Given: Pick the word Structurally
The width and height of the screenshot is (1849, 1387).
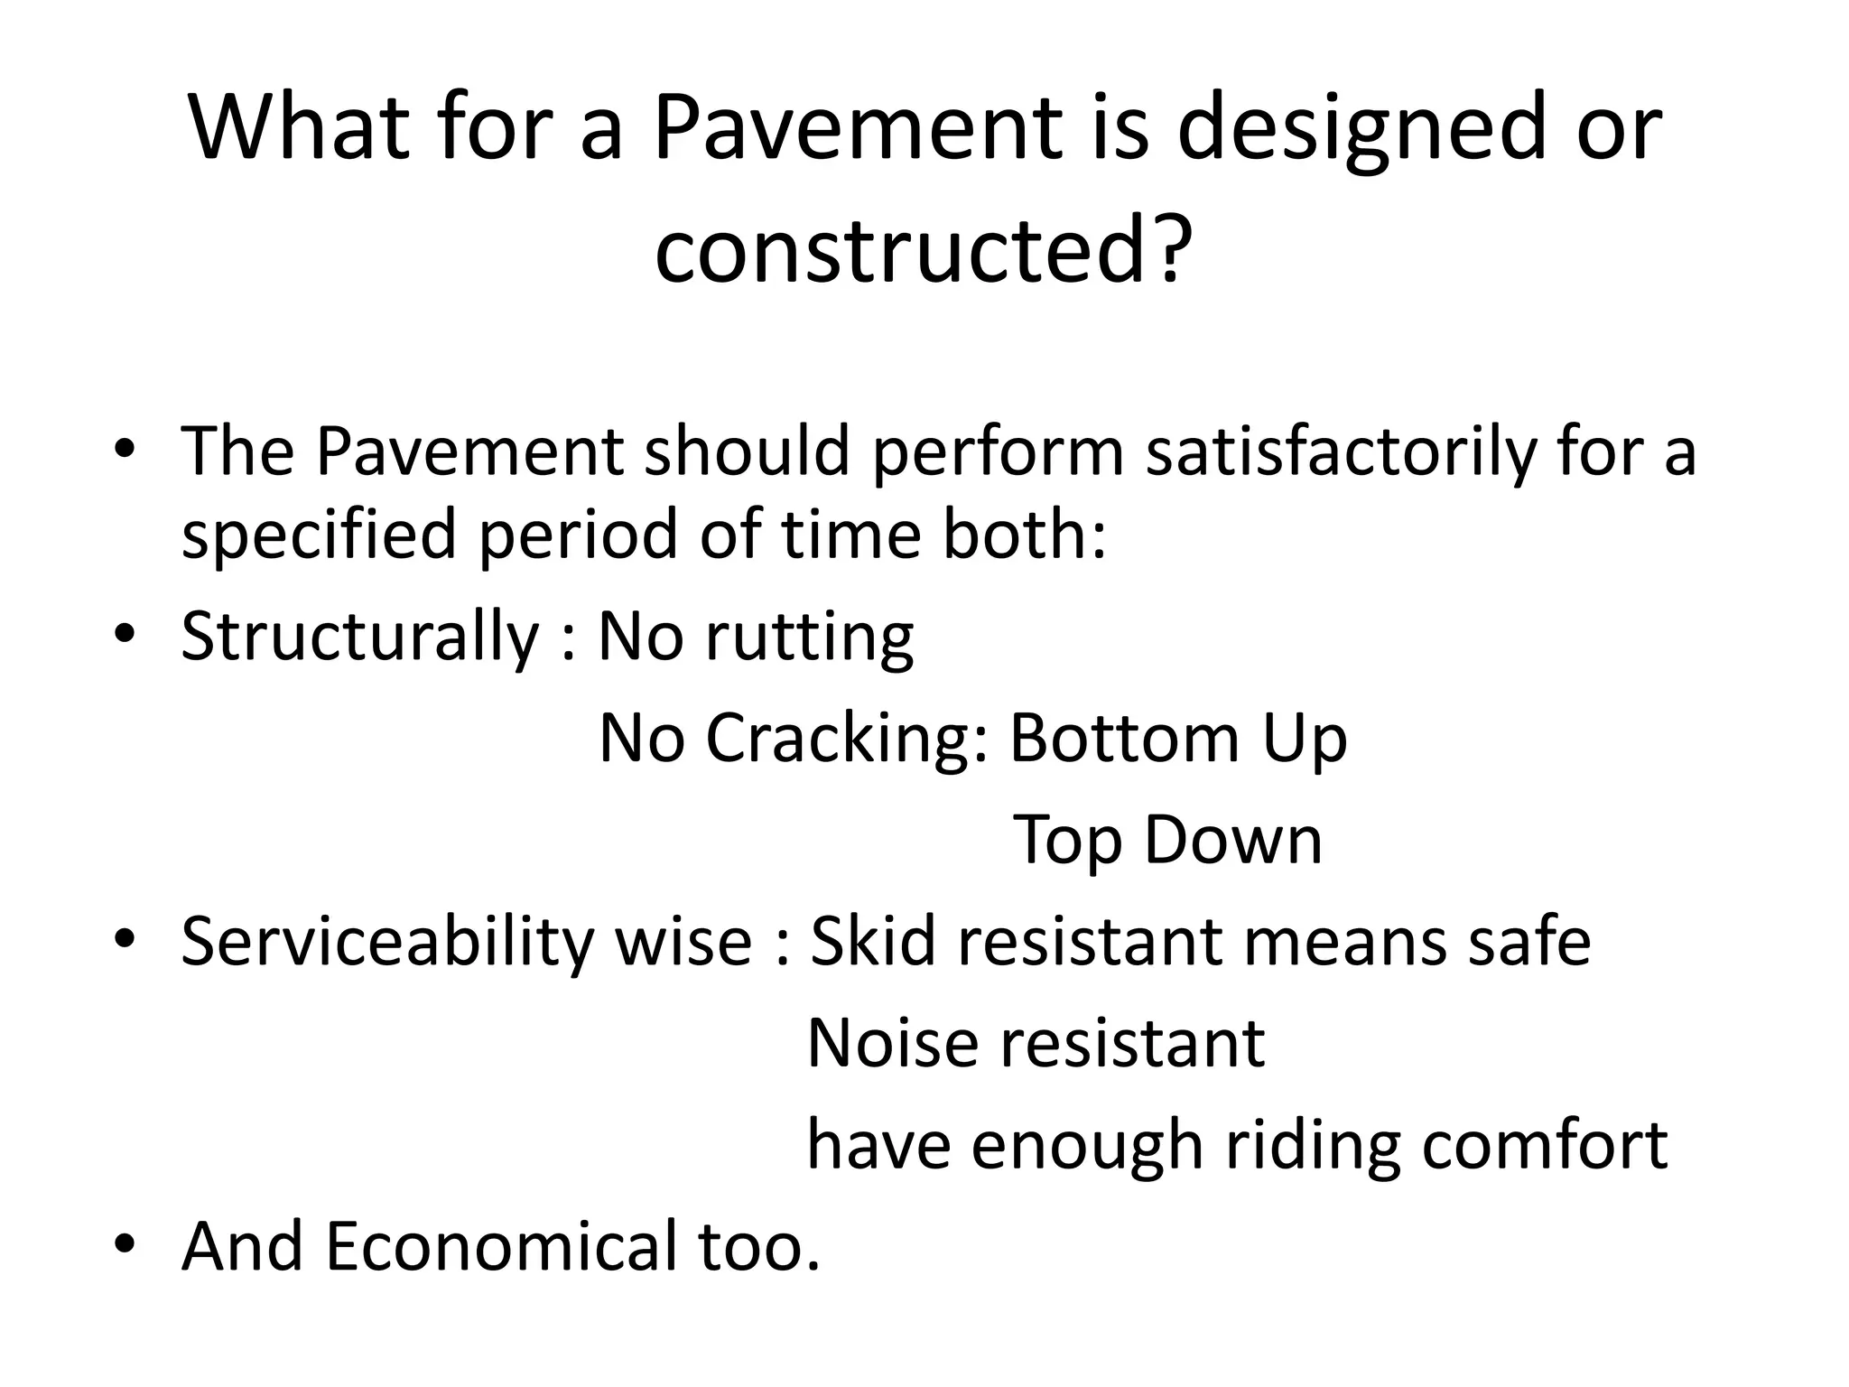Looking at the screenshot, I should point(359,637).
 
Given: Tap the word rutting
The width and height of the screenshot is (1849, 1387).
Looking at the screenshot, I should point(809,637).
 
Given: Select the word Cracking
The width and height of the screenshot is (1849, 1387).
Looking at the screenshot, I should point(847,739).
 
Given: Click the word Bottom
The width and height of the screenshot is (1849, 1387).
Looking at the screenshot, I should point(1124,739).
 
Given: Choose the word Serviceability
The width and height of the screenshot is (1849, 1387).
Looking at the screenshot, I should point(386,942).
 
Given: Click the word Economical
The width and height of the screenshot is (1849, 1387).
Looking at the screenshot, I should point(500,1247).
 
